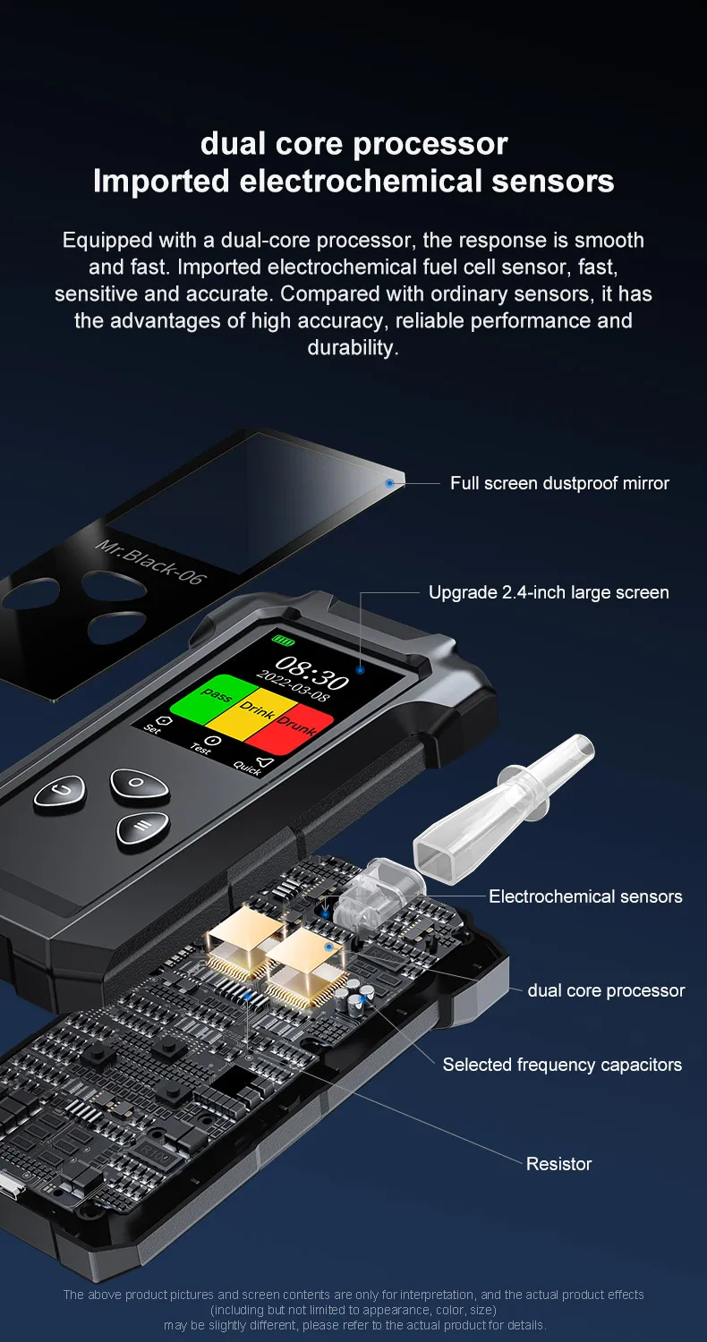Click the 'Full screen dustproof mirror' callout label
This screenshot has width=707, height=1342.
pos(559,483)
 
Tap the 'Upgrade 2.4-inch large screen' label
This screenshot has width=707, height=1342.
pos(549,592)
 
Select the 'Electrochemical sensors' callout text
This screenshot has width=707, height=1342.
pos(585,896)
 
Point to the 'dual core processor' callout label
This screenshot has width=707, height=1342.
pos(606,990)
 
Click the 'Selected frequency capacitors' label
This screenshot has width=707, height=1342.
pos(562,1065)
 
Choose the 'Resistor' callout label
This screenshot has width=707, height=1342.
pos(558,1164)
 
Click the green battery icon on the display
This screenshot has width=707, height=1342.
pos(283,640)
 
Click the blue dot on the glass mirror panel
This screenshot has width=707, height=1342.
pos(389,483)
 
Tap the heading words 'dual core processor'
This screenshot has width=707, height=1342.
pos(353,143)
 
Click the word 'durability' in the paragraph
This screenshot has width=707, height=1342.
pos(352,347)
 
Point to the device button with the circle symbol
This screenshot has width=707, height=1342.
pos(140,782)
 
